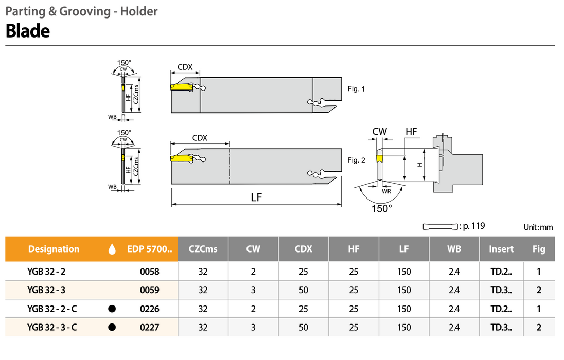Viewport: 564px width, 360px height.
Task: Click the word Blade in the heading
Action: click(28, 31)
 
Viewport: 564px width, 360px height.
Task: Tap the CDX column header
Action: click(303, 249)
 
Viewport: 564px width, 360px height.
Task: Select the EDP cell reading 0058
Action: click(150, 272)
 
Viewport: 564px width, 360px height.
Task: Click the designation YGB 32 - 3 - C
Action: click(52, 327)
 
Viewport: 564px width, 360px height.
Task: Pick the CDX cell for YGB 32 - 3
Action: click(303, 290)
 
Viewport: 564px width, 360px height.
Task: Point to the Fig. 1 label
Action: click(356, 89)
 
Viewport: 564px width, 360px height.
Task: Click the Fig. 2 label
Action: click(356, 160)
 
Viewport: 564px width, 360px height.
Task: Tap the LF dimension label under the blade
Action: click(256, 197)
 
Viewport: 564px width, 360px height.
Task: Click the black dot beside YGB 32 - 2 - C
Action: click(112, 309)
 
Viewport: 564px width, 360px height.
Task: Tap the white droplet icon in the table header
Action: click(112, 249)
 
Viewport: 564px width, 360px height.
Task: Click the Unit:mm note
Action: click(538, 227)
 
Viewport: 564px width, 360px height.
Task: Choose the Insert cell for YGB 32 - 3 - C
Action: click(501, 327)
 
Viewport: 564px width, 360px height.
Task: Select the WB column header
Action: click(454, 249)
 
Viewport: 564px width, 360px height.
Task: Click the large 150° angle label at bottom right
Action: click(382, 208)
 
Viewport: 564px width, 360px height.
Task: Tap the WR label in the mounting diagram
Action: click(386, 191)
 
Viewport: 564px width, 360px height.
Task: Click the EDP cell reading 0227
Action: click(150, 327)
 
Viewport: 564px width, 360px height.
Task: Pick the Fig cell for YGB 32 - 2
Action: click(539, 272)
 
